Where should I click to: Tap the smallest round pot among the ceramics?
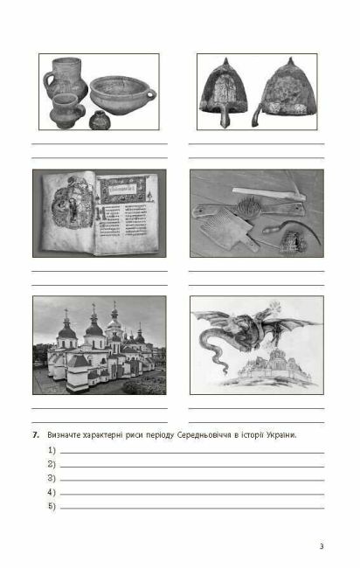coord(100,117)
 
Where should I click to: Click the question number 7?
coord(36,434)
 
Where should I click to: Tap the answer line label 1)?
coord(52,450)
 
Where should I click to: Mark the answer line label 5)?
coord(52,506)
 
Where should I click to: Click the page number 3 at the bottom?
coord(322,546)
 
